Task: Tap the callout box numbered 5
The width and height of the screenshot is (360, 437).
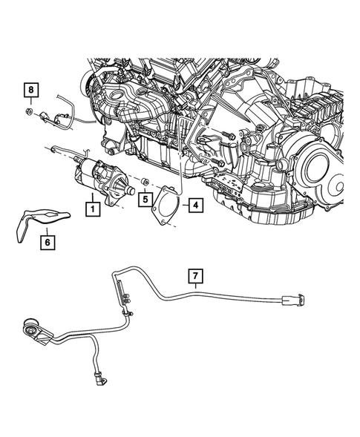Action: coord(145,200)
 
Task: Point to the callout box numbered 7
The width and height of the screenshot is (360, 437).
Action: coord(195,277)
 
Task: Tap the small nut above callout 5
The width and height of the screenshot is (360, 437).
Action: coord(146,182)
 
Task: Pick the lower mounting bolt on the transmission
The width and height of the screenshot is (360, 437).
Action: coord(217,161)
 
